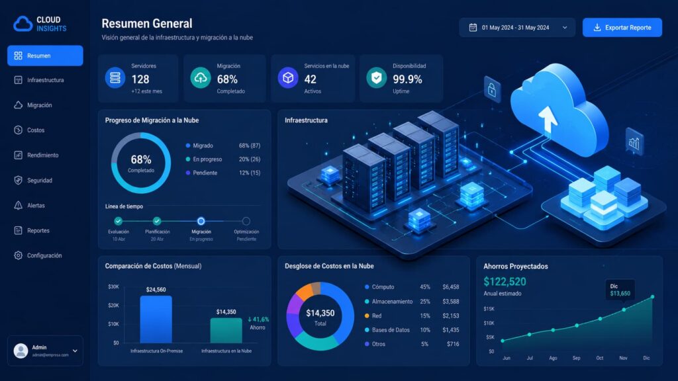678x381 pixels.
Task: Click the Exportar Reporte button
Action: (x=622, y=28)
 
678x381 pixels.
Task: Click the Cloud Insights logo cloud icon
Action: (x=23, y=24)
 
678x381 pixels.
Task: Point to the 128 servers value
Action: (x=140, y=79)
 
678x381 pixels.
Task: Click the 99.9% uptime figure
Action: (x=407, y=79)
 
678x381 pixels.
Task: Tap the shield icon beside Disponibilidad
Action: (x=377, y=78)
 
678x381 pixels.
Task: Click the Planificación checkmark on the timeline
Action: (x=157, y=221)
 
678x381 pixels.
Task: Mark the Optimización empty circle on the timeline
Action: (x=246, y=221)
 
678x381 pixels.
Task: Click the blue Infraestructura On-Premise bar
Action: (x=156, y=319)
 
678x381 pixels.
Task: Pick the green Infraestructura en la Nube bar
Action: (x=226, y=331)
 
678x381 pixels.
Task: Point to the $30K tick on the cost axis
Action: (x=113, y=287)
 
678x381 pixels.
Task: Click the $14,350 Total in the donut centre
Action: (x=320, y=317)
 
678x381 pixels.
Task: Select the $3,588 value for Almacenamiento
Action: (x=450, y=302)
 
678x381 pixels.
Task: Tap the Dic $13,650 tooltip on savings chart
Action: (x=620, y=290)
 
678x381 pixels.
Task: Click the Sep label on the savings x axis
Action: (x=577, y=358)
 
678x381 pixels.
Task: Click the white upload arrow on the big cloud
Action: (x=548, y=118)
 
